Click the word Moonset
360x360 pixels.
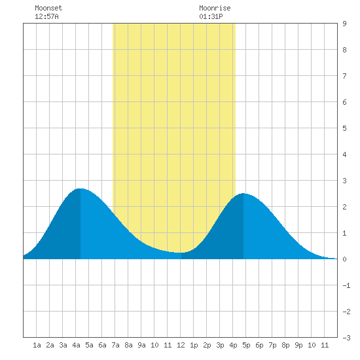48,8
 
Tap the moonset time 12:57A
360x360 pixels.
46,16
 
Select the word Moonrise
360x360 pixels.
215,8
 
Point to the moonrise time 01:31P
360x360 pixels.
211,16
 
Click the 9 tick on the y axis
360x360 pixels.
344,24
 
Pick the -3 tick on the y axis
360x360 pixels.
346,338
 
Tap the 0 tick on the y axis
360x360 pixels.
344,259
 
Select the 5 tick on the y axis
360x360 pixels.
344,128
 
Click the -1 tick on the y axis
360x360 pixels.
346,285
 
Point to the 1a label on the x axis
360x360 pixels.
37,345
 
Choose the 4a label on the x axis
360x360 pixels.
76,345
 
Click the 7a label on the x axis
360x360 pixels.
115,345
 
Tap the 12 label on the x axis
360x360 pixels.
181,345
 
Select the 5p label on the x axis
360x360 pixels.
246,345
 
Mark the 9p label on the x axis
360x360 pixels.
298,345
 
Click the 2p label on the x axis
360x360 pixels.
207,345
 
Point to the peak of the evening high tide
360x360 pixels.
243,194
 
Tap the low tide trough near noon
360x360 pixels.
181,253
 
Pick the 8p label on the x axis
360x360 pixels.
285,345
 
